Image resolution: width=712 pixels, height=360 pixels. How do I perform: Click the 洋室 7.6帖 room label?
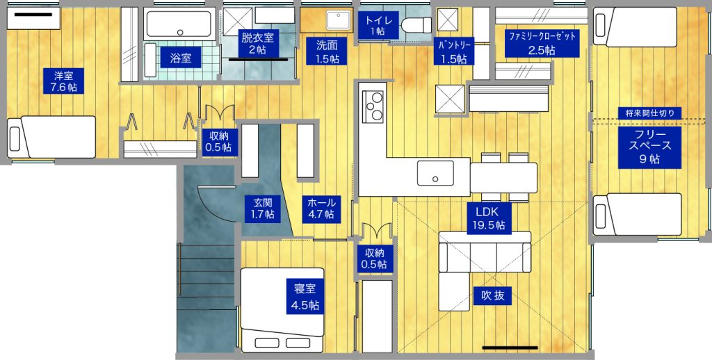click(63, 81)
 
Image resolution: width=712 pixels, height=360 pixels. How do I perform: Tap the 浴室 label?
click(181, 58)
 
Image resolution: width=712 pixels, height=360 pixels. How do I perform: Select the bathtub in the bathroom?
click(179, 24)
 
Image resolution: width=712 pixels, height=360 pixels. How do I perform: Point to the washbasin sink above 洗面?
click(339, 19)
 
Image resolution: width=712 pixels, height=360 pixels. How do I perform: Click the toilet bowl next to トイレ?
click(417, 25)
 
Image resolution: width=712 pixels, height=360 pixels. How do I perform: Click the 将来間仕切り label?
click(650, 113)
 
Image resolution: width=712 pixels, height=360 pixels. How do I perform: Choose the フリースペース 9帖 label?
click(650, 147)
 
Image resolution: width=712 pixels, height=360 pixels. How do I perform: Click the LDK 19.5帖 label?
click(489, 218)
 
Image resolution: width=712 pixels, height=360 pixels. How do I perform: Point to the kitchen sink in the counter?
click(435, 173)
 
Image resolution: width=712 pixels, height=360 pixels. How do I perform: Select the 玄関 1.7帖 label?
click(263, 208)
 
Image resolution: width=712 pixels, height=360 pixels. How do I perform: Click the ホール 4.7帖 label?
click(321, 208)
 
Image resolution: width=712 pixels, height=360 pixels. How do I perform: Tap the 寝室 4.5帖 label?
click(306, 297)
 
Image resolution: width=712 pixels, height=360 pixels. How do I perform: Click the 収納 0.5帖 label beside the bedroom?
click(375, 259)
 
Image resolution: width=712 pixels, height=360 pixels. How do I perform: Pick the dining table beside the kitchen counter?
click(503, 177)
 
